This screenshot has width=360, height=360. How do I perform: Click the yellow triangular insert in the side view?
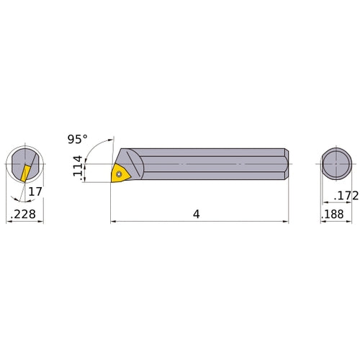(120, 173)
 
